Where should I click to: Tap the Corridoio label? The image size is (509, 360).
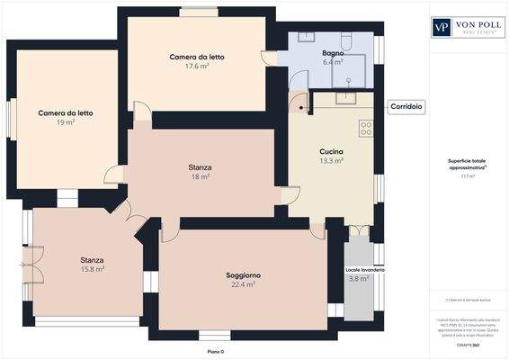pyautogui.click(x=406, y=106)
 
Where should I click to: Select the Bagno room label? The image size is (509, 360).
pyautogui.click(x=334, y=53)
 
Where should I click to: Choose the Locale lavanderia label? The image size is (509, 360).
pyautogui.click(x=365, y=269)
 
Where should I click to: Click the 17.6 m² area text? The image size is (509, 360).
pyautogui.click(x=197, y=67)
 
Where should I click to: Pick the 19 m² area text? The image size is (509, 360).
pyautogui.click(x=65, y=123)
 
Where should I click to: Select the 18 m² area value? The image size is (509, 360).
pyautogui.click(x=200, y=177)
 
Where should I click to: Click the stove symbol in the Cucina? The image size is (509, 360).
pyautogui.click(x=366, y=128)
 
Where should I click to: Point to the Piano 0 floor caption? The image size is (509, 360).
pyautogui.click(x=216, y=351)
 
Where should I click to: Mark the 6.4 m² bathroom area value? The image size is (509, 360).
pyautogui.click(x=334, y=63)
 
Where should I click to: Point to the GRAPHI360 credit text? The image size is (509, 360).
pyautogui.click(x=467, y=345)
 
